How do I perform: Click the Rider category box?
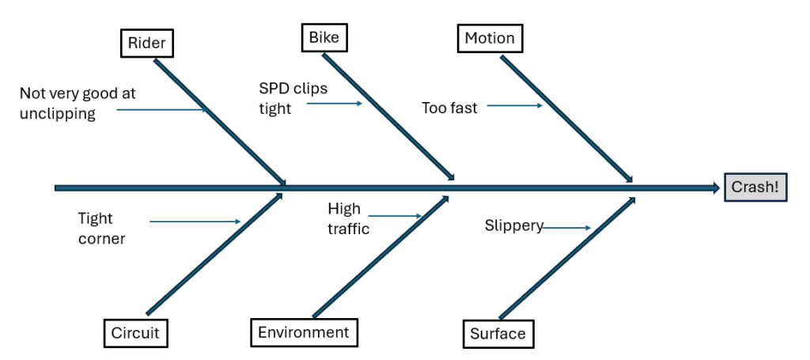tap(147, 44)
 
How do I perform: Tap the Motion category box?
tap(490, 38)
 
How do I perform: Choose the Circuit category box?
tap(135, 333)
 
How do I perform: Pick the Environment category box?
tap(304, 332)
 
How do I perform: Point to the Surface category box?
tap(498, 333)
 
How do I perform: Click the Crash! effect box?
tap(755, 188)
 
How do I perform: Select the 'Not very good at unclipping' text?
tap(78, 104)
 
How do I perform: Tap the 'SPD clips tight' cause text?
tap(293, 98)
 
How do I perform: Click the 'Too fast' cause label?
tap(449, 108)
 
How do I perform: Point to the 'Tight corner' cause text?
tap(101, 228)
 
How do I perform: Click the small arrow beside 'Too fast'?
tap(514, 105)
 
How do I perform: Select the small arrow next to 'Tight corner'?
tap(195, 222)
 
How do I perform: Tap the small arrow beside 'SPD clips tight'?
tap(335, 104)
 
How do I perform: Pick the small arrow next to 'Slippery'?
tap(567, 228)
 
